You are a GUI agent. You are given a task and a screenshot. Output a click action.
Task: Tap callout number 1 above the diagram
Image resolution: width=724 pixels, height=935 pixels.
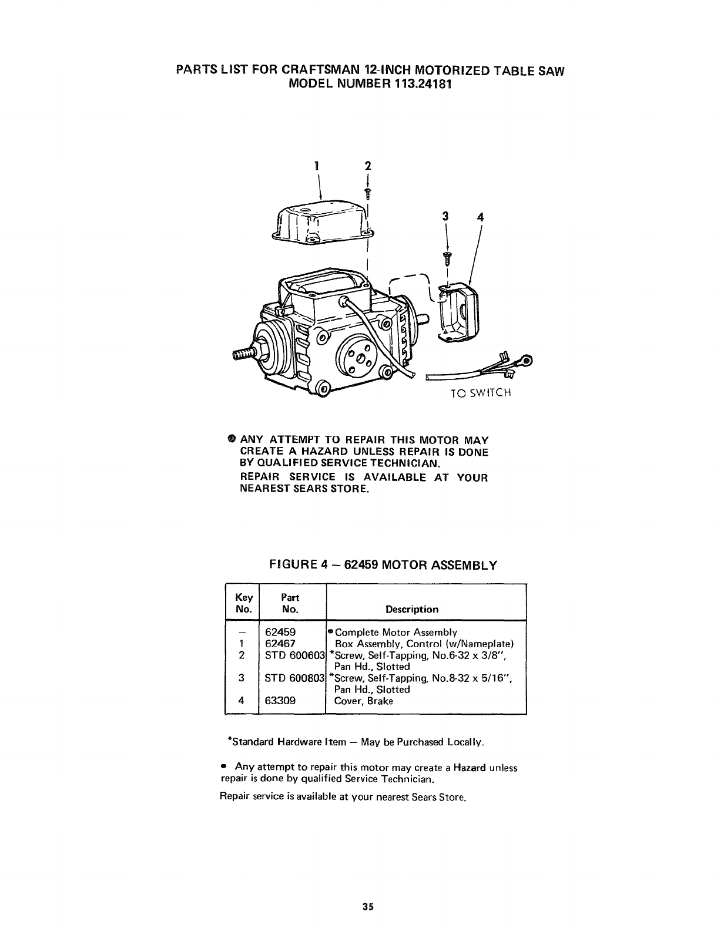tap(316, 165)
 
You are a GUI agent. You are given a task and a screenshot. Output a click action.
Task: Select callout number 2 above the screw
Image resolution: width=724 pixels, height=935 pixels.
tap(368, 165)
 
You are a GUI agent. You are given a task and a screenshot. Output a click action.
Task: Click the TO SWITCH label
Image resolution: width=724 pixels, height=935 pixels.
tap(481, 393)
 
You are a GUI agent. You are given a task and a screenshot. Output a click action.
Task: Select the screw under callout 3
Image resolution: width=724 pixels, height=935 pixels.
tap(449, 257)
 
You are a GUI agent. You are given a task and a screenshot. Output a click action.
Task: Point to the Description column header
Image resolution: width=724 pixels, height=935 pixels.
tap(411, 609)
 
